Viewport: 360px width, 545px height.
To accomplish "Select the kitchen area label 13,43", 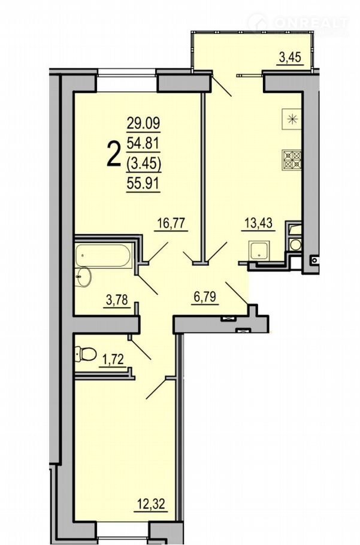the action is point(258,222).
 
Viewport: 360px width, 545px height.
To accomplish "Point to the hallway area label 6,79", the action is point(204,297).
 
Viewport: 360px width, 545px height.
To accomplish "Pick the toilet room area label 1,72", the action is point(111,360).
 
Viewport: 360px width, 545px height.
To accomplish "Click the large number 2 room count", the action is point(113,154).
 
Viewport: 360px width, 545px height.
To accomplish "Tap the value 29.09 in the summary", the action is point(143,123).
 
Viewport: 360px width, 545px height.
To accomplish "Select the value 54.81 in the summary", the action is point(143,143).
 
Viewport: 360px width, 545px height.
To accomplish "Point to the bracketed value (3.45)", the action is point(143,163).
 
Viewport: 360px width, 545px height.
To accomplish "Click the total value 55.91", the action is point(143,183).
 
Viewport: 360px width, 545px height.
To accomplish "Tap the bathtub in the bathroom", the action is point(103,256).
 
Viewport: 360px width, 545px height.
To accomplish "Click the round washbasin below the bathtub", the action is point(84,277).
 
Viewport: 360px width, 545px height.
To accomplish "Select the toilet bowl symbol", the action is point(86,354).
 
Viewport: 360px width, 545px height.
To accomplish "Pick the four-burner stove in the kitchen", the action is point(292,160).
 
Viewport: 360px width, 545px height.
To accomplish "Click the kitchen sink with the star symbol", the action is point(292,119).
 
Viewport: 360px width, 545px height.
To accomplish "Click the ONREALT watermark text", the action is point(311,23).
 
